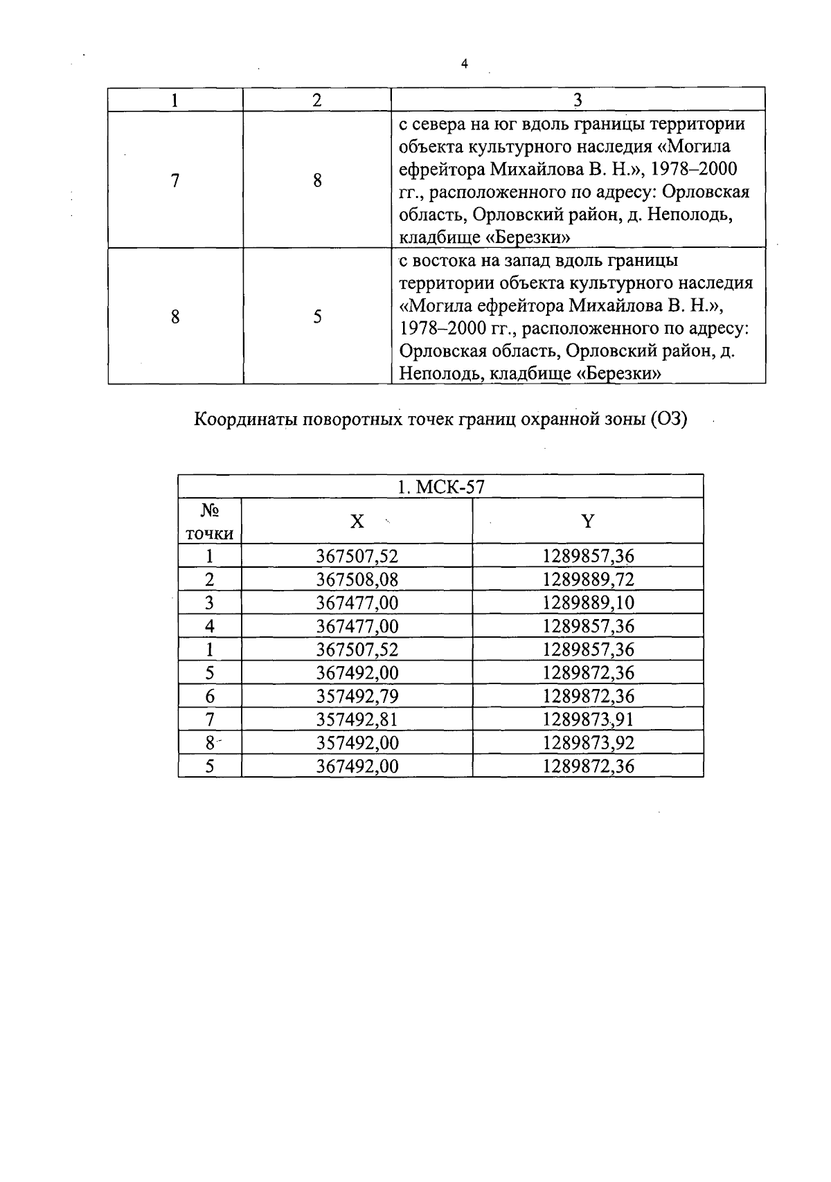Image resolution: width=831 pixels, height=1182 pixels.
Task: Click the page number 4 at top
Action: tap(464, 64)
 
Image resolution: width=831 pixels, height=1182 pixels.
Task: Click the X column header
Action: tap(357, 521)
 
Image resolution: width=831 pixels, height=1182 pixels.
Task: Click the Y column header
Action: tap(587, 521)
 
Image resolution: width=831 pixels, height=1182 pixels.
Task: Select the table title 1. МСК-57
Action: tap(440, 487)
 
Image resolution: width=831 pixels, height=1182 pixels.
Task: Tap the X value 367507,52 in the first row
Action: tap(357, 556)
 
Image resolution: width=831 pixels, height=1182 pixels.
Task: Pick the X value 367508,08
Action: tap(357, 580)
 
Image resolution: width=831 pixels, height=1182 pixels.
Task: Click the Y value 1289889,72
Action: tap(588, 580)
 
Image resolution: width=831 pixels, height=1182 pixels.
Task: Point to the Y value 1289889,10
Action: tap(588, 602)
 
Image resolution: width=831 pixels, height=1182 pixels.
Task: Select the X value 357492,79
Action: tap(357, 696)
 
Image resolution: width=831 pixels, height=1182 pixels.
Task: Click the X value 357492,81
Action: tap(357, 719)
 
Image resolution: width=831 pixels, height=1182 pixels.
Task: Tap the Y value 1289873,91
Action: tap(588, 719)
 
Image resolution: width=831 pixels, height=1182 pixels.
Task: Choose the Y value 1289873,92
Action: tap(588, 742)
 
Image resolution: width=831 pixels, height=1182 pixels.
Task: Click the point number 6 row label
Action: tap(210, 696)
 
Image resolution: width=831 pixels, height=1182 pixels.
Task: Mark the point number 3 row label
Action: tap(210, 602)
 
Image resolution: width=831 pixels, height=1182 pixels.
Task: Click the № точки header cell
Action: tap(210, 521)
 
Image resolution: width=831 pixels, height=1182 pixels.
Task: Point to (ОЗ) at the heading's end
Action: tap(668, 420)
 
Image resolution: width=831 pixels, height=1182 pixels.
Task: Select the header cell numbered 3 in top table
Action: tap(578, 100)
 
